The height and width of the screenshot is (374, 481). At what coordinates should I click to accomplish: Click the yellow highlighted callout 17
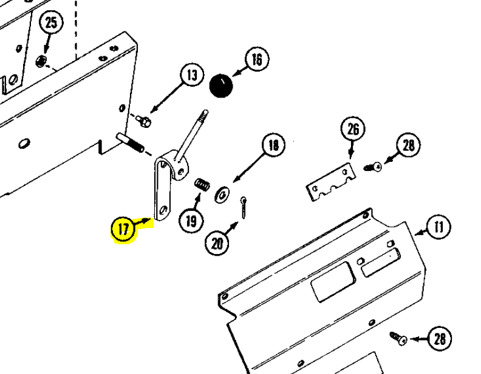tap(123, 230)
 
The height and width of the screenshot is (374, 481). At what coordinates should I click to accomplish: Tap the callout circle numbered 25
tap(52, 24)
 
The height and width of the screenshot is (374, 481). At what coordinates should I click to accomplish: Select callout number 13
tap(192, 76)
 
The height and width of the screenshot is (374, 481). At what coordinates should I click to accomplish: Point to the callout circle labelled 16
tap(257, 59)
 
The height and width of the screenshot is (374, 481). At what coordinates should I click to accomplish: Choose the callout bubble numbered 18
tap(273, 145)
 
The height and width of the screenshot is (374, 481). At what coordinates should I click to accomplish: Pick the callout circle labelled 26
tap(353, 129)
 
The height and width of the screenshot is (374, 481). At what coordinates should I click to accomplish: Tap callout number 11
tap(438, 228)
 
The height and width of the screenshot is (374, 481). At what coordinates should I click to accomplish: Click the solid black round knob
tap(221, 85)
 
